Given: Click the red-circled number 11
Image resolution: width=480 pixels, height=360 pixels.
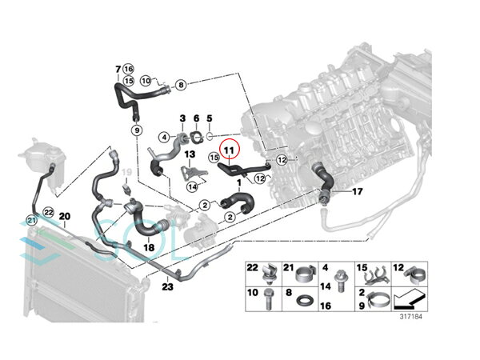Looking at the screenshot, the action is point(230,150).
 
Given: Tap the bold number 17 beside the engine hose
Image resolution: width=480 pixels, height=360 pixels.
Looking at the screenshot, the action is point(358,192).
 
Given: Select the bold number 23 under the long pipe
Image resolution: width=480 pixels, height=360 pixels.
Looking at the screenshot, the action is point(167,287).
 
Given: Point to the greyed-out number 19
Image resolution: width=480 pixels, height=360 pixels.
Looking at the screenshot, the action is point(126,172).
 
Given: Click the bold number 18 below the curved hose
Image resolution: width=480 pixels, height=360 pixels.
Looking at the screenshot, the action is point(149,247).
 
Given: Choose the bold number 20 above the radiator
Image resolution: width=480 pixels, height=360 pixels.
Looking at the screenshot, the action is point(65,217).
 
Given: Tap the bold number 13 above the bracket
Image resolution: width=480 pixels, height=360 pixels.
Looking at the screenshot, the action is point(190,154).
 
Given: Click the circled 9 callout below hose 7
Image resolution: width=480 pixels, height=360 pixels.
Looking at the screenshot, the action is point(137,130).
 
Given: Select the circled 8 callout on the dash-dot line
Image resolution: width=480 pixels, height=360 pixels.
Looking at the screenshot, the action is point(181,85).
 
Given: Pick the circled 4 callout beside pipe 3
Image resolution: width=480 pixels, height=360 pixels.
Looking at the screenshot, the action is point(164,137).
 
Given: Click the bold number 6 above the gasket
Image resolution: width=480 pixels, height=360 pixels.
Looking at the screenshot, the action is point(196,118).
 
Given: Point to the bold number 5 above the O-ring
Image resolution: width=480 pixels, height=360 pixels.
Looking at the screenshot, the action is point(210,118).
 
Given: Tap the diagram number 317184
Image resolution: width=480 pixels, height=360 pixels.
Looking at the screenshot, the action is point(411,316).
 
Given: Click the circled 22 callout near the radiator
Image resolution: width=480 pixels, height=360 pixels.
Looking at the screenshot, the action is point(48,212).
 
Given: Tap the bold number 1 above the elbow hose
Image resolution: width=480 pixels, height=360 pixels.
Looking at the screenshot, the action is point(239,183).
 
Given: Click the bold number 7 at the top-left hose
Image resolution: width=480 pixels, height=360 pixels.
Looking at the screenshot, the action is point(118,70).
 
